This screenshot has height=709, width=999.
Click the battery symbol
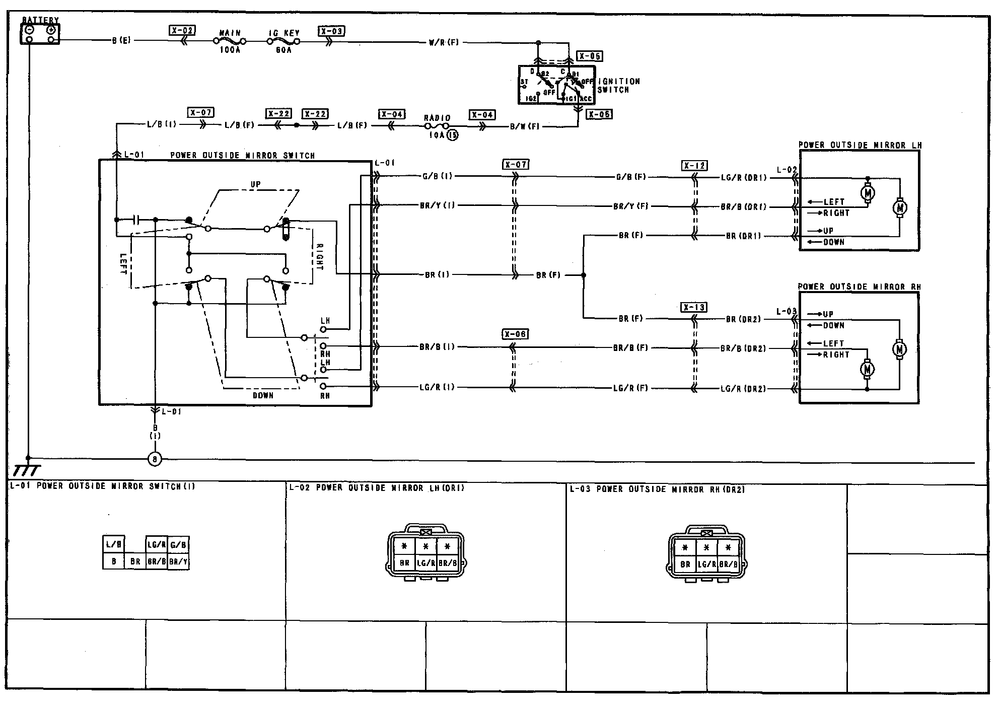(x=40, y=33)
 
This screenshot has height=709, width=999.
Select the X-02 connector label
(x=182, y=31)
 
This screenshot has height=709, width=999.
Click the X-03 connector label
(x=331, y=31)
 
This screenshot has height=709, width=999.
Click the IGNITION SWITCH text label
(x=618, y=86)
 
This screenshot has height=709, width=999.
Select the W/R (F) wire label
(x=444, y=43)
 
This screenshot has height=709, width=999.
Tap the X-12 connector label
(x=694, y=166)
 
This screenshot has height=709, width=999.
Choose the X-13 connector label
(x=694, y=307)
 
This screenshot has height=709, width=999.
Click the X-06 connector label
(x=515, y=334)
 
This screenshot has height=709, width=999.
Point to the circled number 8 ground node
(x=155, y=459)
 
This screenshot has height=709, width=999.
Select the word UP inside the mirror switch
(x=256, y=185)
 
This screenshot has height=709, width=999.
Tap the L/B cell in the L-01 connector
(x=113, y=544)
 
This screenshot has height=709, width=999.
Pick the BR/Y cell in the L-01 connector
(x=178, y=561)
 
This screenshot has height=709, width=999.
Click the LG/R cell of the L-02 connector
(x=425, y=563)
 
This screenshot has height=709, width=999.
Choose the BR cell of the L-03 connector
(x=685, y=564)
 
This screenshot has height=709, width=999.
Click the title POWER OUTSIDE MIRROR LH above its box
(x=860, y=146)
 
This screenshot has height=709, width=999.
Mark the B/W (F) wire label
(x=525, y=127)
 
